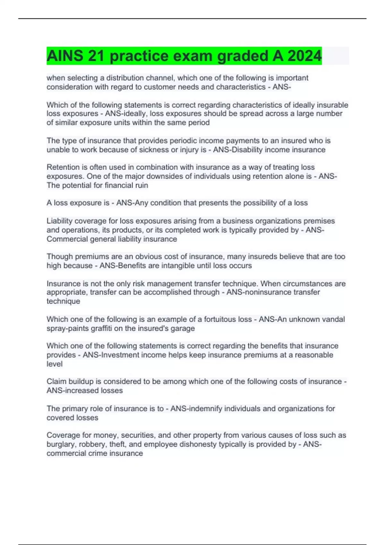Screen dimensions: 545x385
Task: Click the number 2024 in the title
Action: [304, 56]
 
